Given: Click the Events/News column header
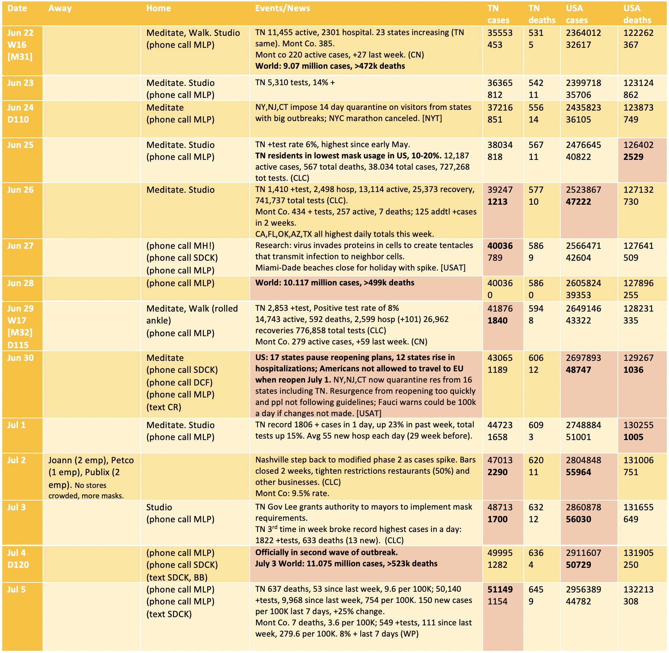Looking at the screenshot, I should tap(283, 8).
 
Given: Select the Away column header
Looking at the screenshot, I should tap(60, 8).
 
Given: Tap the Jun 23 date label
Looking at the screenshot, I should tap(20, 83).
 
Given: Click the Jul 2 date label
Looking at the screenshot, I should tap(16, 460).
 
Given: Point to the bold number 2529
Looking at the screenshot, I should tap(633, 157).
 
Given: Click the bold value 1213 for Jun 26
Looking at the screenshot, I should tap(497, 202).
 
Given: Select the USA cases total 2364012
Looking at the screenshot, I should tap(583, 33).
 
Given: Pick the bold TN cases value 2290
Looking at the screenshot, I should tap(497, 472).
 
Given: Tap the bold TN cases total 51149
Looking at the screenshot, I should tap(500, 589).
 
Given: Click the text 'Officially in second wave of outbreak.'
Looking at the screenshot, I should tap(326, 552).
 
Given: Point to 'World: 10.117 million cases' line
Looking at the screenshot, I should tap(334, 283).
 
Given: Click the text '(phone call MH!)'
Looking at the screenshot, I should tap(180, 246).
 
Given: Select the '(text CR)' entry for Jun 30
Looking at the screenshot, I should tap(164, 407).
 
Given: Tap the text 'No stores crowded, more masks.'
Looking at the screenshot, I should tap(86, 490).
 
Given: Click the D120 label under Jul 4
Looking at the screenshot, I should tap(18, 565).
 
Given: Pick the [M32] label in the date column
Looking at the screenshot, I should tap(20, 332).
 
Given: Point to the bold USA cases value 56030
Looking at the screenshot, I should tap(578, 519).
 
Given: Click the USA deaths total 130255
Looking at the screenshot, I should tap(638, 425).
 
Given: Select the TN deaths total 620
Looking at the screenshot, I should tap(536, 460).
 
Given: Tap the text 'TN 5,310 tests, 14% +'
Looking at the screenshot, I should tap(295, 83).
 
